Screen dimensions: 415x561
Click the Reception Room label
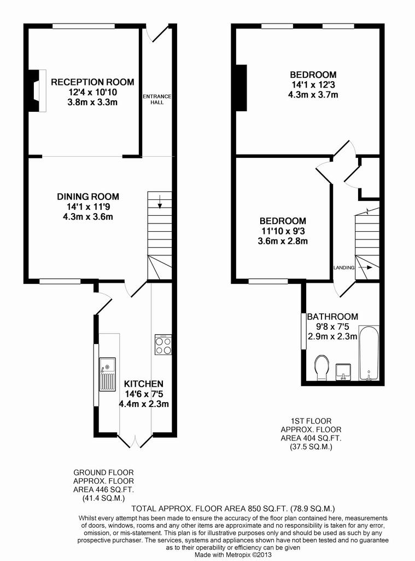(92, 82)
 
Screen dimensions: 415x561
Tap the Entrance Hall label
(157, 99)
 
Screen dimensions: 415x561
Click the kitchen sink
(107, 374)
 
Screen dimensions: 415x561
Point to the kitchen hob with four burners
(163, 345)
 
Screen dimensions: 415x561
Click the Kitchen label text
(144, 384)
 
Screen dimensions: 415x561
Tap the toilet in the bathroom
(322, 368)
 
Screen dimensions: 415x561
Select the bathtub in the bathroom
(369, 353)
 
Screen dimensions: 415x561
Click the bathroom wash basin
(343, 372)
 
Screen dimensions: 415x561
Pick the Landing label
(344, 267)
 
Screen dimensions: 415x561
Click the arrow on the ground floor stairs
(160, 202)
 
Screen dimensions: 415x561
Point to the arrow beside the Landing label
(365, 267)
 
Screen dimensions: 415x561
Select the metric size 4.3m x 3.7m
(313, 95)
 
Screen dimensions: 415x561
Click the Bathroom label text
(332, 317)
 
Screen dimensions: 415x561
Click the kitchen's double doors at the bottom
(135, 441)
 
